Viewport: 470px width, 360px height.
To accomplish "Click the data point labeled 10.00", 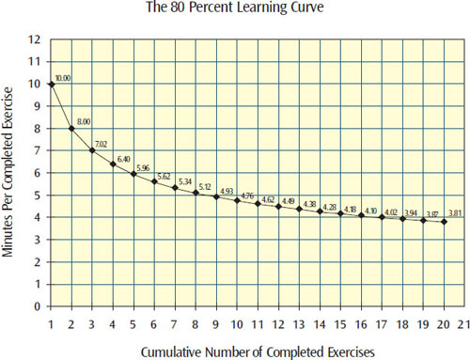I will (x=51, y=85).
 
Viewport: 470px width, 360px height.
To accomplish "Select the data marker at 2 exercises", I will (x=71, y=129).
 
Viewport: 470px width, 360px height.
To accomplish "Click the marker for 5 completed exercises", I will (x=133, y=174).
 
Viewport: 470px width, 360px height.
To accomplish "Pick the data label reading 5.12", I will (x=208, y=186).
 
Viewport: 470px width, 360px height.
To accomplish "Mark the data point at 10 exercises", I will (x=237, y=201).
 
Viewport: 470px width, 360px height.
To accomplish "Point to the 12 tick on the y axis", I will (x=36, y=40).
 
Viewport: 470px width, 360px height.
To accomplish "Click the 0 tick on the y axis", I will (x=39, y=306).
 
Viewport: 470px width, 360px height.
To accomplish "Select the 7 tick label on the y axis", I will (x=39, y=151).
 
